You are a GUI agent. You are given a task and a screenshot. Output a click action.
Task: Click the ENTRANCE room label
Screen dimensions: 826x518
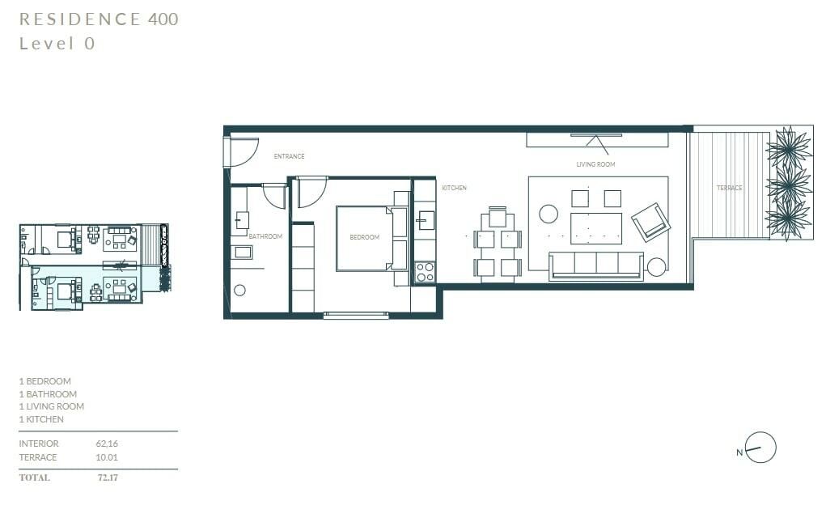[289, 156]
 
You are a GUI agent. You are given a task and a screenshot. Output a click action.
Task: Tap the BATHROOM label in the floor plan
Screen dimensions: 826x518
[265, 236]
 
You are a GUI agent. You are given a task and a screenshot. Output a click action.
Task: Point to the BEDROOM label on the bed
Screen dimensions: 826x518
[365, 237]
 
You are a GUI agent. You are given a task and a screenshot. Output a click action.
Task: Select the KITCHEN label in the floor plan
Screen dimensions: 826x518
[454, 188]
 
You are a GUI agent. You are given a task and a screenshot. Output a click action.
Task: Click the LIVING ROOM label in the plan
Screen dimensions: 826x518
[595, 164]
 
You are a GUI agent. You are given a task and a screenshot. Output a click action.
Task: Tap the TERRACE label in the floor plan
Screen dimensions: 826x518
[729, 188]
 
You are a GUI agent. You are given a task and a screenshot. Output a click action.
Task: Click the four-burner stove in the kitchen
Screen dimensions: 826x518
[425, 272]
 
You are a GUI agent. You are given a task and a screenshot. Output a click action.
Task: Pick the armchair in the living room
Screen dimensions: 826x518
[650, 222]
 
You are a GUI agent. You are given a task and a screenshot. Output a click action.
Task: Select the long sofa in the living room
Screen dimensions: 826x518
[595, 265]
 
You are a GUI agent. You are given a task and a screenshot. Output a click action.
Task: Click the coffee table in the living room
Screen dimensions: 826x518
[596, 228]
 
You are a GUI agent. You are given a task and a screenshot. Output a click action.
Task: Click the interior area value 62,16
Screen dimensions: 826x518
[107, 444]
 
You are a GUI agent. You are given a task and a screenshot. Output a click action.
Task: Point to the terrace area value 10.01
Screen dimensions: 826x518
[107, 457]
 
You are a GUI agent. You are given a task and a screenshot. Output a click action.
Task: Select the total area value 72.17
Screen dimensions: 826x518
[108, 478]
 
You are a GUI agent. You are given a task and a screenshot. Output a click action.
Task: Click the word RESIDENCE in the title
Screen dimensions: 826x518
[80, 19]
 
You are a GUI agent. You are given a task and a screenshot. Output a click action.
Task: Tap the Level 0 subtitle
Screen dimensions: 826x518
[57, 43]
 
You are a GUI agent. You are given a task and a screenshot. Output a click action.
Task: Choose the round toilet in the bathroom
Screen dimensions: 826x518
[239, 290]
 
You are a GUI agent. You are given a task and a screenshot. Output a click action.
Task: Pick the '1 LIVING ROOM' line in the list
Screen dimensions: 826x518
[52, 406]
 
